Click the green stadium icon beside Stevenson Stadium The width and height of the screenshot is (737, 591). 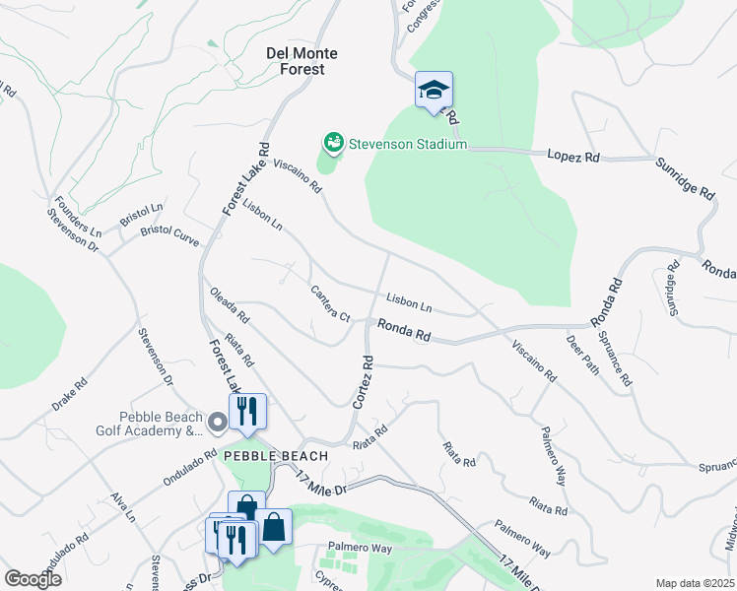333,144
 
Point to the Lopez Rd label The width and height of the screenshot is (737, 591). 573,156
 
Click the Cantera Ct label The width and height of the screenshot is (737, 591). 330,303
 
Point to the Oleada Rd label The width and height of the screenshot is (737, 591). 230,305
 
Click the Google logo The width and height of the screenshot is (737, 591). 32,579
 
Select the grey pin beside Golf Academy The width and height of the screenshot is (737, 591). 218,423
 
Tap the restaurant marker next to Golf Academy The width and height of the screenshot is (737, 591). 247,412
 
